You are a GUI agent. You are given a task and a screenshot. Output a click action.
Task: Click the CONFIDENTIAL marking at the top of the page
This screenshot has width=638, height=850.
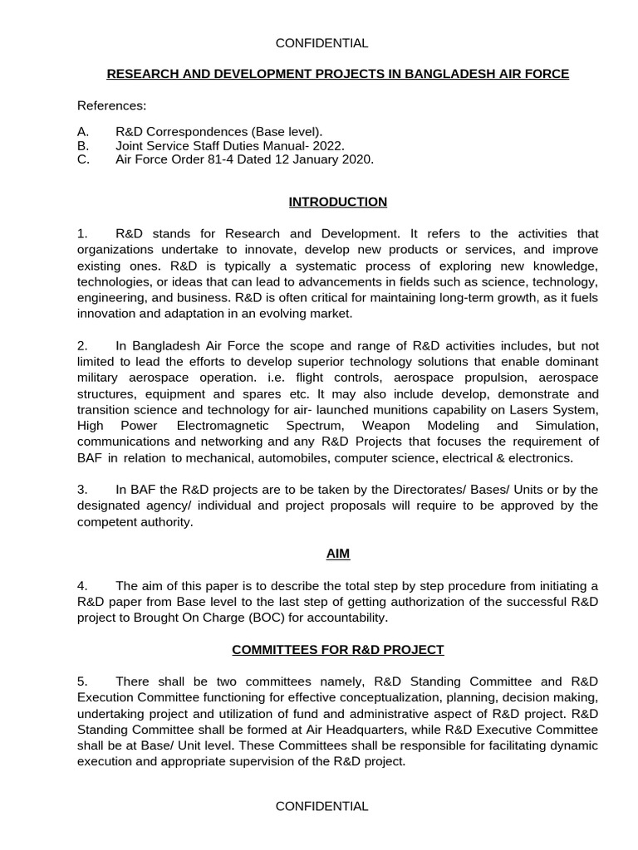(321, 43)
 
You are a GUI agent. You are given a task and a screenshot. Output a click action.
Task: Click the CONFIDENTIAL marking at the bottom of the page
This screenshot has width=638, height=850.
(321, 806)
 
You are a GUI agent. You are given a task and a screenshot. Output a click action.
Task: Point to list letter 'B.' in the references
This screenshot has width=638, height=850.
(82, 146)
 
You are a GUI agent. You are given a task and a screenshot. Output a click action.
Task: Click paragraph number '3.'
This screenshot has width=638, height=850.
(82, 490)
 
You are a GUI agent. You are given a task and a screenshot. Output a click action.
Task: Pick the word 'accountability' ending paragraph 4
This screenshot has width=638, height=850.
(431, 618)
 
